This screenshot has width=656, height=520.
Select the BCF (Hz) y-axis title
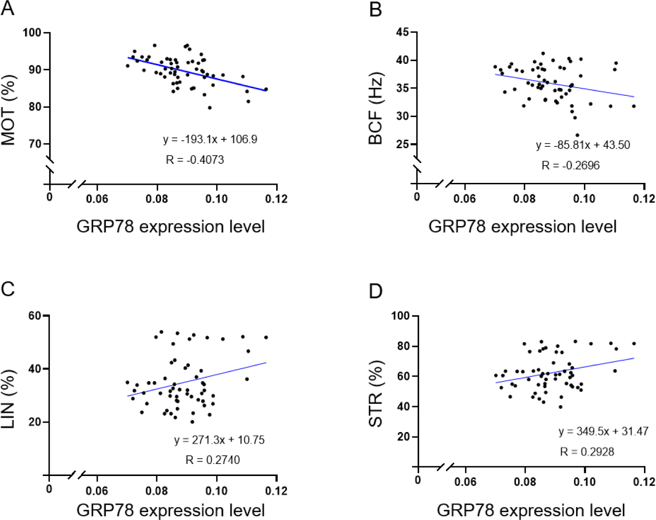[x=376, y=108]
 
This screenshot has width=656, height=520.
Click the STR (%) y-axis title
[x=376, y=394]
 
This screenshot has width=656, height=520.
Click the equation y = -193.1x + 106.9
[x=210, y=139]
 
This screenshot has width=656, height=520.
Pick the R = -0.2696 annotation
[x=570, y=165]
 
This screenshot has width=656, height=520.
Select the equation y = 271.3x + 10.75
[x=219, y=440]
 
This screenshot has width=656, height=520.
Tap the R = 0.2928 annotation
[x=587, y=451]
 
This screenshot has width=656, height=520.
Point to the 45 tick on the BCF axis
[x=403, y=32]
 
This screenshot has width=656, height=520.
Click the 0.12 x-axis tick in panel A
[x=277, y=199]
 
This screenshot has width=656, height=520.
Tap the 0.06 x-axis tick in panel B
[x=464, y=199]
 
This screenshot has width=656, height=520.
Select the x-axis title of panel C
[x=170, y=510]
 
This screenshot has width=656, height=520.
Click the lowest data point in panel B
[x=577, y=135]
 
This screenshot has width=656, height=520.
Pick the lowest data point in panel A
[x=210, y=107]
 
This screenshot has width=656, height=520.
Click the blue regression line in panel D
[x=564, y=370]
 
